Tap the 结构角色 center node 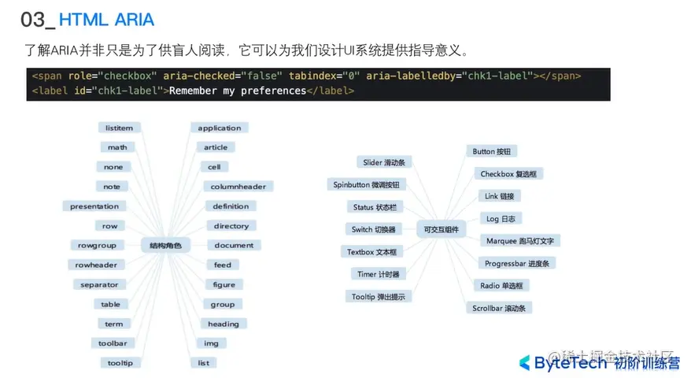tap(165, 246)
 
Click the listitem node tap(119, 128)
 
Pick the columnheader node tap(238, 187)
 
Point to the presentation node tap(94, 206)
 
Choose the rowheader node tap(96, 265)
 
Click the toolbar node tap(113, 343)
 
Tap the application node tap(220, 128)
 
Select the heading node tap(223, 324)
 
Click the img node tap(211, 343)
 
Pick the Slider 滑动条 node tap(383, 162)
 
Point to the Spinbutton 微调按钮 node tap(366, 184)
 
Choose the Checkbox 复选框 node tap(512, 174)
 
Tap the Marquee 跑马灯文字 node tap(520, 241)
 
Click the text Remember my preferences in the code tap(238, 91)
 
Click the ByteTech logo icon tap(524, 362)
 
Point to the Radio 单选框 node tap(501, 286)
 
